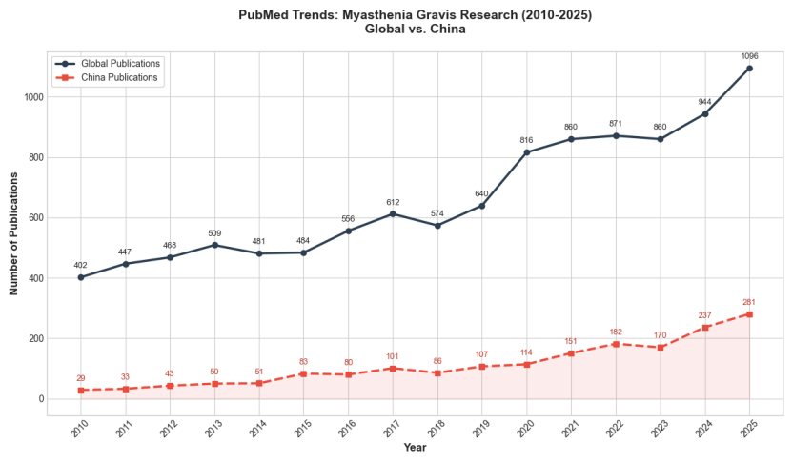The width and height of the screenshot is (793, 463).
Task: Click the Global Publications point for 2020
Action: (x=526, y=152)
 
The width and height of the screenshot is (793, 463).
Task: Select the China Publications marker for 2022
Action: (x=616, y=344)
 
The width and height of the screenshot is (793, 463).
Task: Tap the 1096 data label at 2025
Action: (x=749, y=56)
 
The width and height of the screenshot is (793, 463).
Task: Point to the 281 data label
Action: (x=749, y=302)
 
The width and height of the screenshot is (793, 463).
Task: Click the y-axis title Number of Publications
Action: (x=14, y=233)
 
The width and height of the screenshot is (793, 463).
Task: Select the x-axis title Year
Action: (x=415, y=448)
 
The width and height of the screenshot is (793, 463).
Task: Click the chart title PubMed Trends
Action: (x=415, y=15)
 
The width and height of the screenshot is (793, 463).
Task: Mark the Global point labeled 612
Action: (x=393, y=214)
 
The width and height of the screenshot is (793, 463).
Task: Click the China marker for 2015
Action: (x=303, y=373)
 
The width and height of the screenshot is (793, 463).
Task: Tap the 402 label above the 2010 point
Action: (x=81, y=265)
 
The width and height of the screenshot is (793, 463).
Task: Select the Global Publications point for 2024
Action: (x=705, y=113)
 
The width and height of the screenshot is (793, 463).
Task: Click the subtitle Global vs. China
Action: (x=415, y=30)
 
